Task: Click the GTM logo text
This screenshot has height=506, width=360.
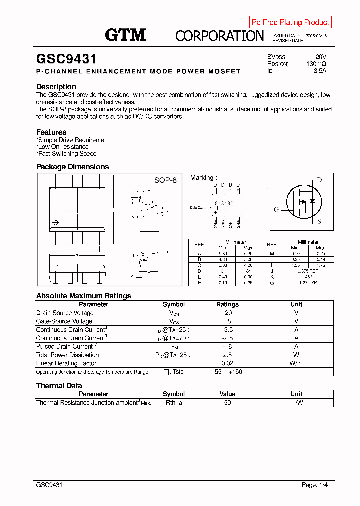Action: click(125, 35)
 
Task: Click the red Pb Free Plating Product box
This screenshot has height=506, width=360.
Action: click(290, 22)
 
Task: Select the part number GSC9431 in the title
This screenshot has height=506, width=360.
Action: click(66, 59)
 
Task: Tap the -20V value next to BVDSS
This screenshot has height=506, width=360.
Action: click(319, 56)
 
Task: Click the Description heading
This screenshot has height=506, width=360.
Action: click(56, 87)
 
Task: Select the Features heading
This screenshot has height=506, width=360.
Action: click(51, 132)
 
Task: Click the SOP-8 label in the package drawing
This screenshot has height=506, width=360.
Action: click(165, 180)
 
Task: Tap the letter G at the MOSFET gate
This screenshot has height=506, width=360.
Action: click(276, 209)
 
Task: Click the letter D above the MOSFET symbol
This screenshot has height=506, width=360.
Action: click(319, 180)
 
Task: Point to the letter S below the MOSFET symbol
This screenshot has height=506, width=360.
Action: click(319, 221)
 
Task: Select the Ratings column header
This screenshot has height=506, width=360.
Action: click(227, 304)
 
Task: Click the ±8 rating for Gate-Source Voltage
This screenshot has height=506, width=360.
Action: click(227, 321)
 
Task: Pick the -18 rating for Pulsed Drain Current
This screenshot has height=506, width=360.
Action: click(227, 346)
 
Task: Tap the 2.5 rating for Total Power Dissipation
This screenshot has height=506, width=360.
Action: click(227, 355)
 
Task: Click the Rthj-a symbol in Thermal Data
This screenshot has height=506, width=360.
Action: click(174, 402)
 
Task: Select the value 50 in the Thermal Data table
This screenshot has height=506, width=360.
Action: click(227, 402)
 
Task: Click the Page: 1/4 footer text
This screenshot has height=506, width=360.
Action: click(315, 485)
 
